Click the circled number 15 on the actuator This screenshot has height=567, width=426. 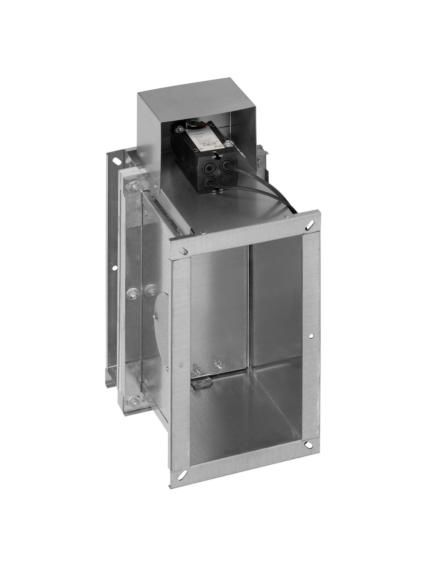217,172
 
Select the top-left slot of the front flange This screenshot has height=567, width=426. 183,251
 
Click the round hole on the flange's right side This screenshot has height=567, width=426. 311,336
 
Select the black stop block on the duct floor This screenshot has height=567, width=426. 201,385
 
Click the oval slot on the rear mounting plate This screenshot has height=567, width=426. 115,160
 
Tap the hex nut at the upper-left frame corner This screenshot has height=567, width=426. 135,184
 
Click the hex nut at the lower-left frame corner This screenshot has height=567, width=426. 135,400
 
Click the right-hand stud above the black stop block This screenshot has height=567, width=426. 218,364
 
